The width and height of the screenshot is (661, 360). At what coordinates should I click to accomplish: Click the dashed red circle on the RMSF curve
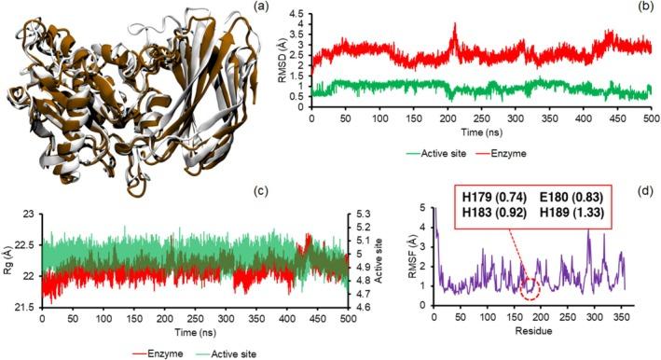tap(530, 291)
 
